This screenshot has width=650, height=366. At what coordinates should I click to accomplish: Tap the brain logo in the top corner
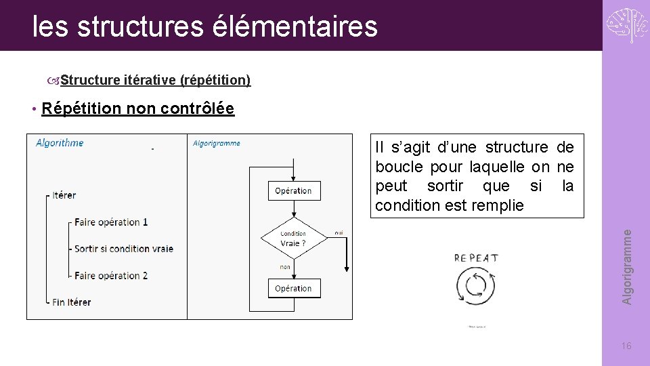pyautogui.click(x=626, y=26)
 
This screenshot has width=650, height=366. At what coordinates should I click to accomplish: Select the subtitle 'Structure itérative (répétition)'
pyautogui.click(x=155, y=80)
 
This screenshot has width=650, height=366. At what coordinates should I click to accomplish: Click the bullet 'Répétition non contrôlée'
pyautogui.click(x=137, y=108)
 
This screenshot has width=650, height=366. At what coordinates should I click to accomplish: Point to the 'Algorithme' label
pyautogui.click(x=60, y=142)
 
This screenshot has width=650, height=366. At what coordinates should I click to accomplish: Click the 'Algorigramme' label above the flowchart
pyautogui.click(x=217, y=143)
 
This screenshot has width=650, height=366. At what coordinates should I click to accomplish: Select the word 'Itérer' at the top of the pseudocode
pyautogui.click(x=64, y=195)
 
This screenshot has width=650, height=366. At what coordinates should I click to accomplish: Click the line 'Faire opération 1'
pyautogui.click(x=111, y=222)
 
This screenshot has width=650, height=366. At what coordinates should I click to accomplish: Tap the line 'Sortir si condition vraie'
pyautogui.click(x=123, y=249)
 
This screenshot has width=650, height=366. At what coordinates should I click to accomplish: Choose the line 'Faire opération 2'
pyautogui.click(x=111, y=275)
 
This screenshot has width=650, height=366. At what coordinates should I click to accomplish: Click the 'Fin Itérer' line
pyautogui.click(x=71, y=302)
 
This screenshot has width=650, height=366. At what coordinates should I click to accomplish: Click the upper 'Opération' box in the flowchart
pyautogui.click(x=293, y=191)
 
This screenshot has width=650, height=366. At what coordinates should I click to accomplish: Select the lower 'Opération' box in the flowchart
pyautogui.click(x=293, y=288)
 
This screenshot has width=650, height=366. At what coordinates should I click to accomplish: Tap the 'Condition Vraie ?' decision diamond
pyautogui.click(x=293, y=239)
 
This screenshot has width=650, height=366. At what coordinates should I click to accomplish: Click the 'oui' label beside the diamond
pyautogui.click(x=339, y=232)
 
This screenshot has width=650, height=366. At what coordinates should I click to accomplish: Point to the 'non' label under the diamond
pyautogui.click(x=285, y=267)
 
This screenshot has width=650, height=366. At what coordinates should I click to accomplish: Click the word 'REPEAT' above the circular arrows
pyautogui.click(x=476, y=258)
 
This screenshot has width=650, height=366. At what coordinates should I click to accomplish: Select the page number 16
pyautogui.click(x=626, y=346)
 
